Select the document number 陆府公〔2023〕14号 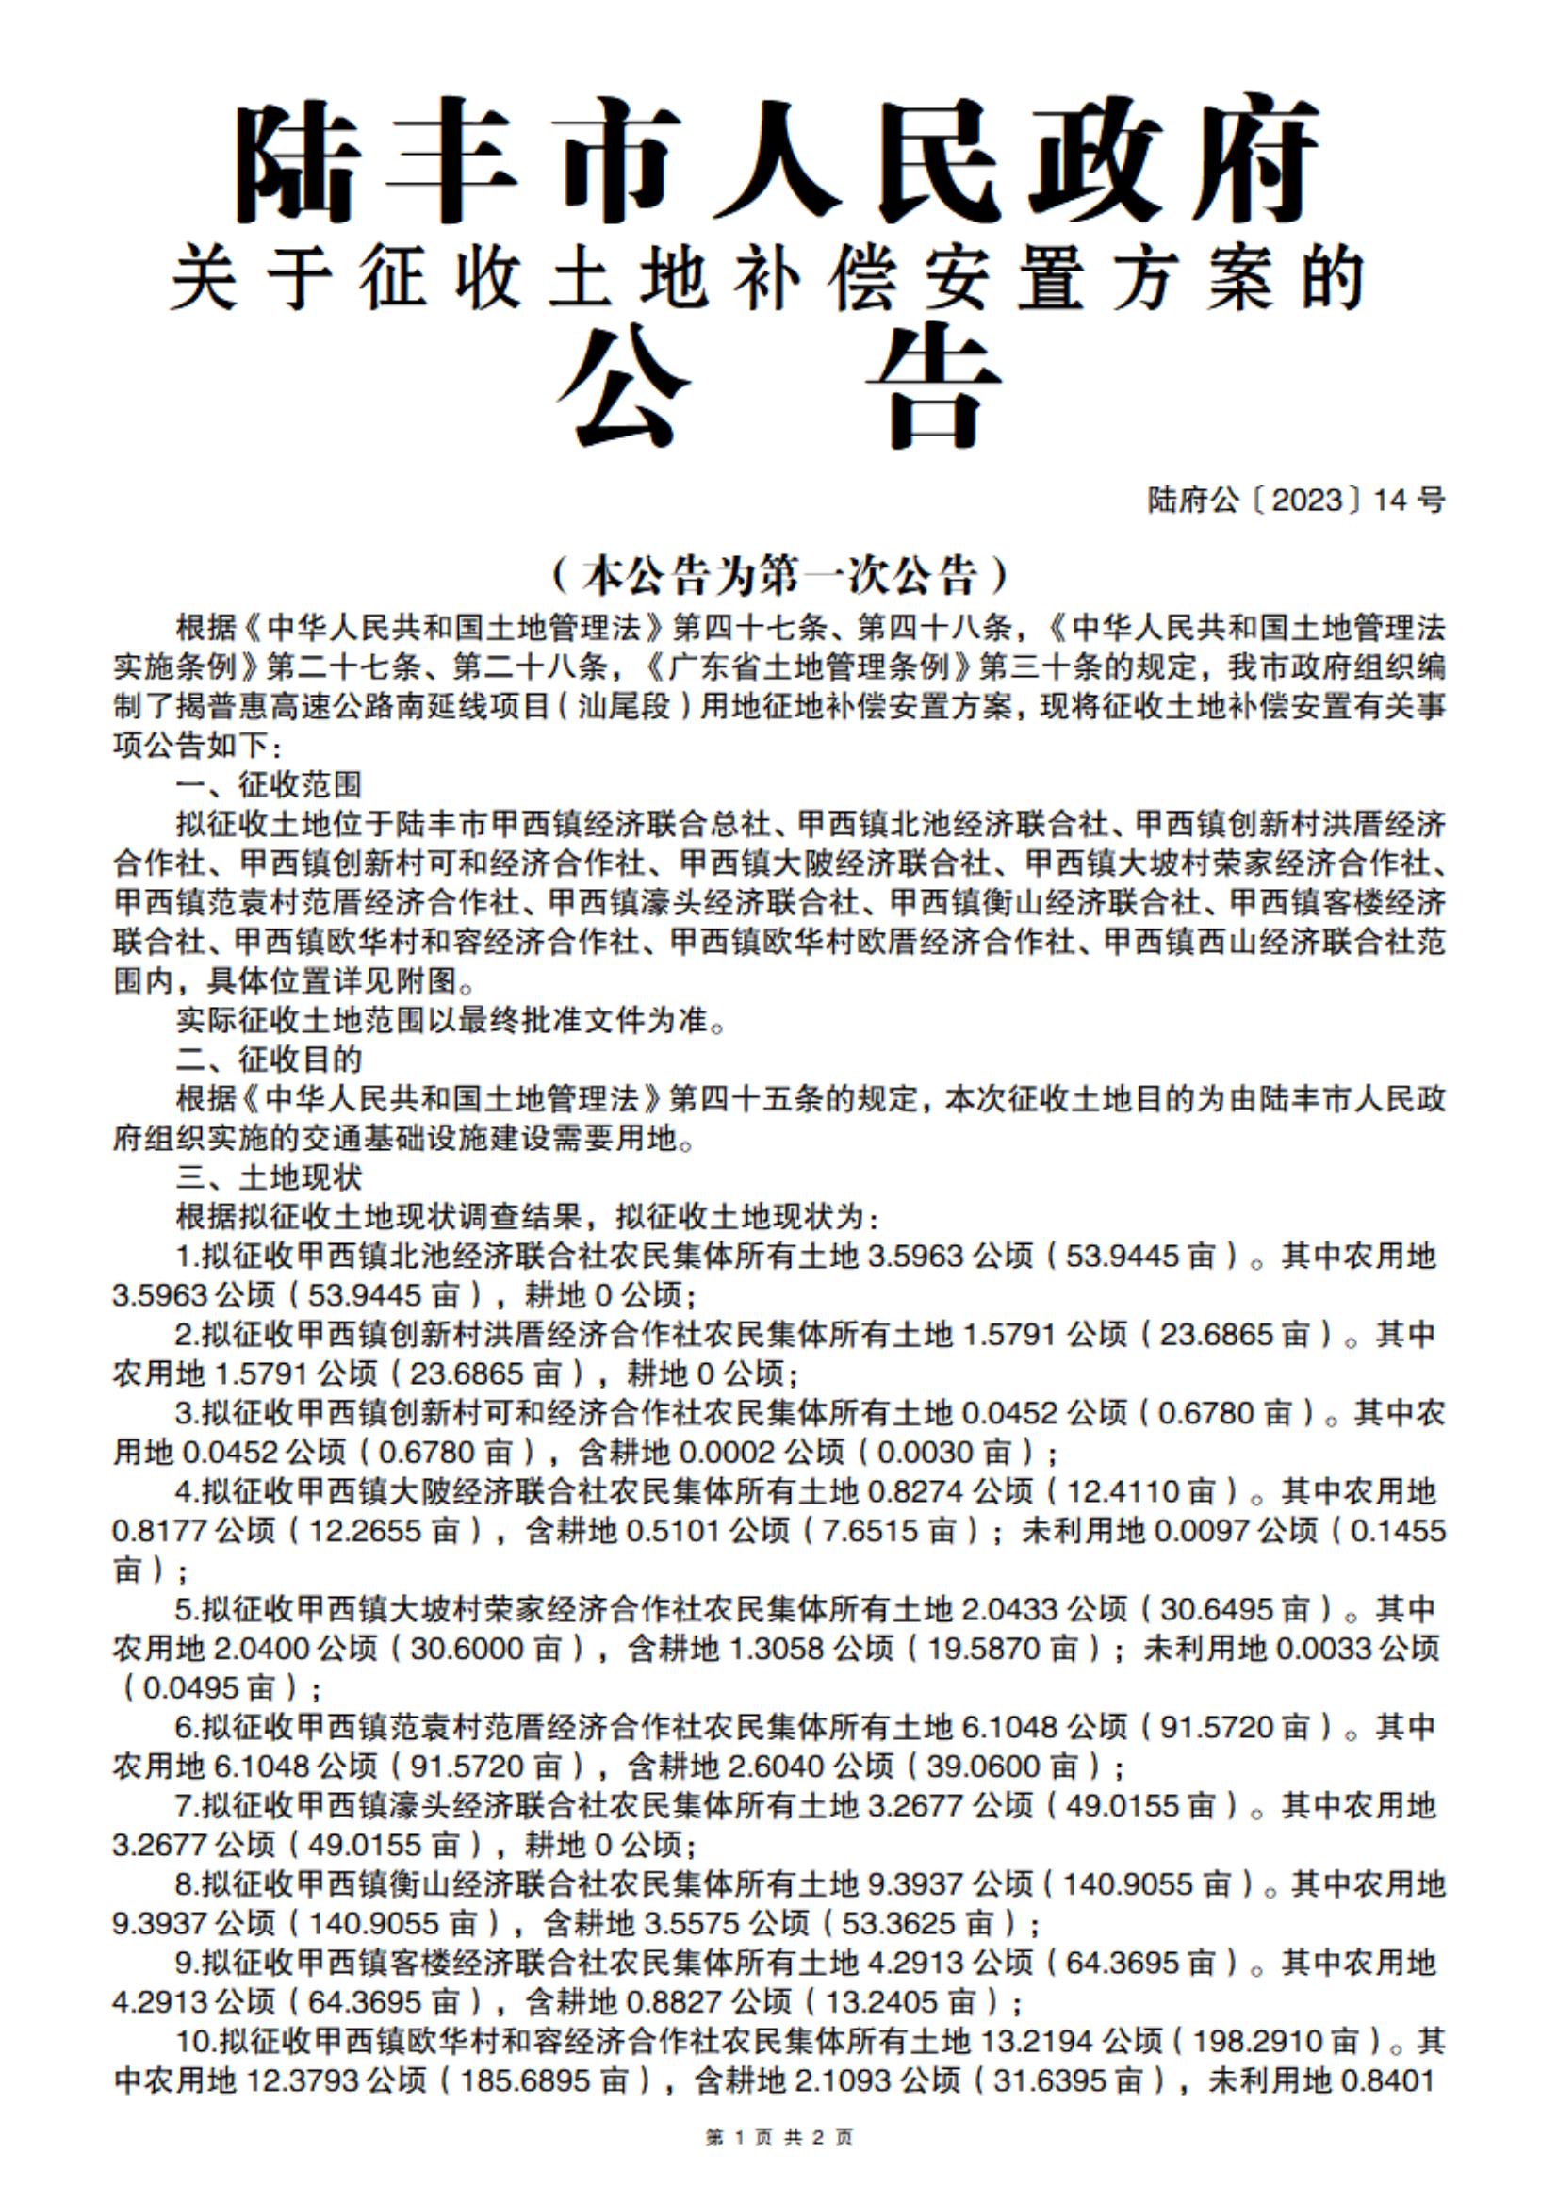click(x=1295, y=500)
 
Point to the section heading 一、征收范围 click(x=269, y=785)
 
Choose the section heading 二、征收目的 click(x=269, y=1060)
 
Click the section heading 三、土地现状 click(x=269, y=1177)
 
